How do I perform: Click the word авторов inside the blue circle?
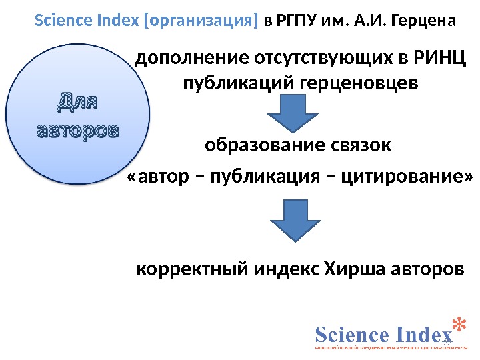click(x=77, y=129)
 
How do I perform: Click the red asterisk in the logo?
click(x=458, y=324)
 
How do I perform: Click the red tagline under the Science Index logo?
click(x=390, y=348)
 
